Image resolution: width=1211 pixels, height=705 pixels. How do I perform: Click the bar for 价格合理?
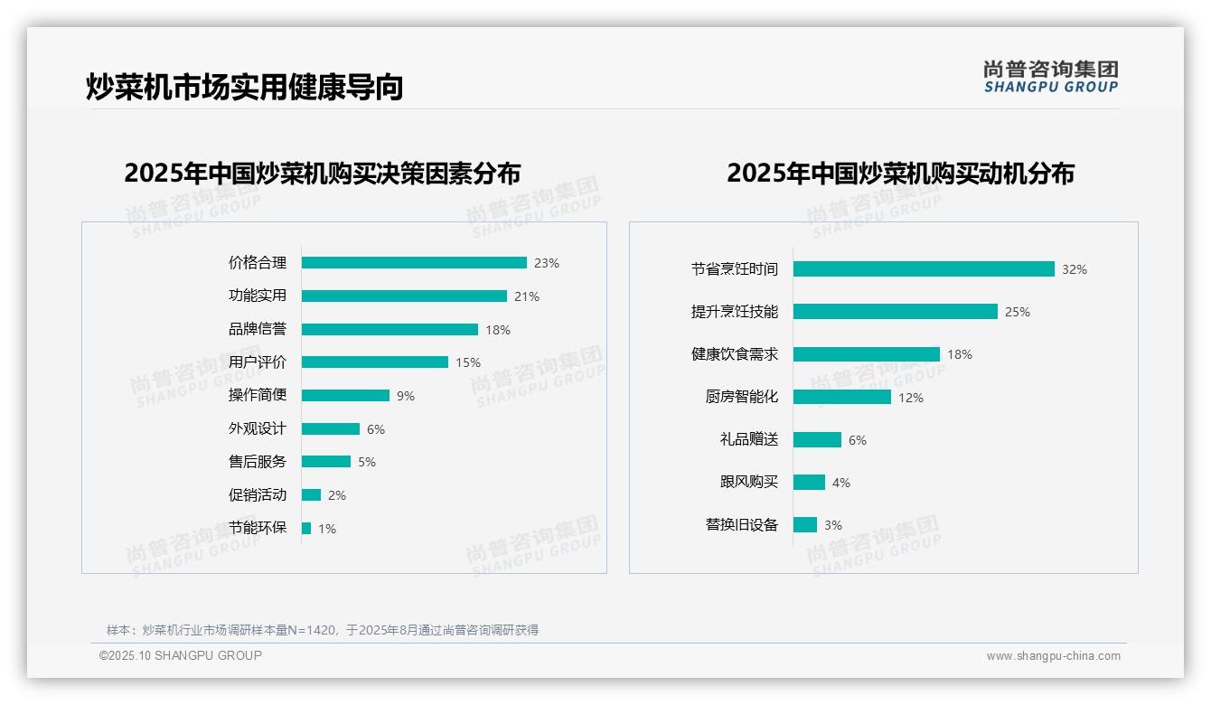point(414,263)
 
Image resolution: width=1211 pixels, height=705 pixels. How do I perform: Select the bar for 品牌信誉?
point(390,330)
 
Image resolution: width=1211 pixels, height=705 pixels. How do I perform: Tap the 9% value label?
point(405,396)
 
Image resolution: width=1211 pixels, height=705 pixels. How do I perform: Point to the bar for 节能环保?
point(306,529)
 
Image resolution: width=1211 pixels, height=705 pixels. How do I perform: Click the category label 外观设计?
point(257,428)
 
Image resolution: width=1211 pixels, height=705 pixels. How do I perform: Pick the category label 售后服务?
point(257,462)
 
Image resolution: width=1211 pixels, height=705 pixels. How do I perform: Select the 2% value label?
point(337,495)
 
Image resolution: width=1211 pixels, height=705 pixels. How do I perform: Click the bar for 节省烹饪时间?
point(924,269)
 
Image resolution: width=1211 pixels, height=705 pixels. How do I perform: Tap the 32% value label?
point(1075,269)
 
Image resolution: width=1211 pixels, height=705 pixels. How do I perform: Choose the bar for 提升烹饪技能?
point(896,312)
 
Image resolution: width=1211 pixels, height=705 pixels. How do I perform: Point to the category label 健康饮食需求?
point(734,354)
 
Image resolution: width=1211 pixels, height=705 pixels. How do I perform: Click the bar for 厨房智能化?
point(842,397)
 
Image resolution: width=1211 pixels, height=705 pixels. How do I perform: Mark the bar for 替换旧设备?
point(805,525)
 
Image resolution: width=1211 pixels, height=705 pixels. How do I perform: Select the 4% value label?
point(841,483)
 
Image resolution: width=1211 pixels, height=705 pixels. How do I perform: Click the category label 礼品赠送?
point(748,440)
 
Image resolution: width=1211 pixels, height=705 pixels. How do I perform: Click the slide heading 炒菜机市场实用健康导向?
point(244,87)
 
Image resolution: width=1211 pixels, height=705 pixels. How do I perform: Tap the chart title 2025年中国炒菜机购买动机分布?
point(900,174)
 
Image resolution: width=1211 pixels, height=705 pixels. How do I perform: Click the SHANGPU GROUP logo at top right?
point(1051,76)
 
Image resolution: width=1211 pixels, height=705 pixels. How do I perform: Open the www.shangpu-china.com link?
point(1053,656)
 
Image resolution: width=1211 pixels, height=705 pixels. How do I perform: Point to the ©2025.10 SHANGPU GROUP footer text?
point(181,656)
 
